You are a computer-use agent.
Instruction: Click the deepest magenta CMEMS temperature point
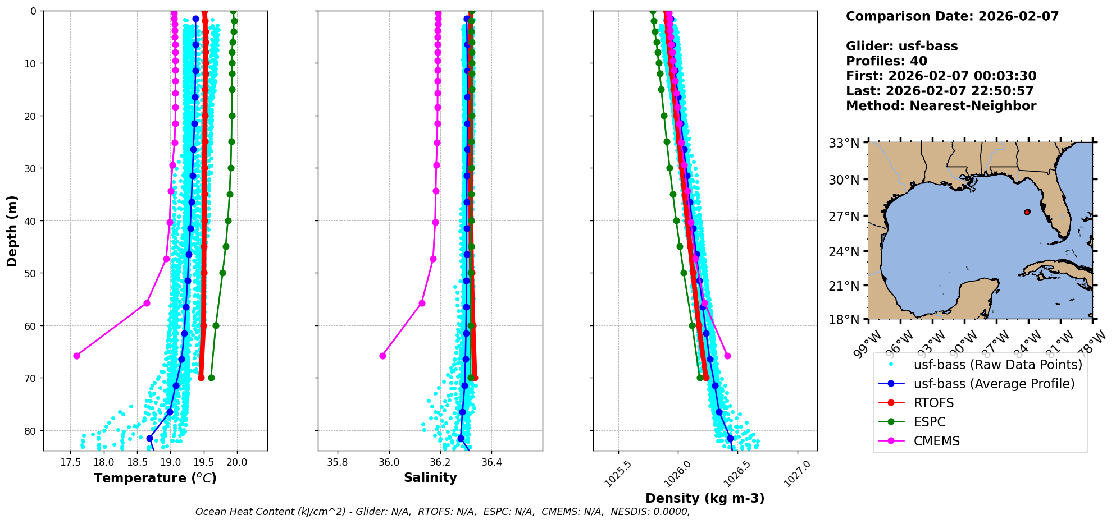[x=76, y=356]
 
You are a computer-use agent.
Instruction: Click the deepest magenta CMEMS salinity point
[x=382, y=356]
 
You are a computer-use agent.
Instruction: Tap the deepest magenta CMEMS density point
[x=727, y=356]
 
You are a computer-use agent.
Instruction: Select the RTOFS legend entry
[x=933, y=403]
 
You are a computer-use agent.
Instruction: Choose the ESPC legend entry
[x=930, y=422]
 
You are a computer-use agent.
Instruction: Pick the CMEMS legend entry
[x=936, y=441]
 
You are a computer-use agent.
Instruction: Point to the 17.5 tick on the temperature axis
[x=70, y=462]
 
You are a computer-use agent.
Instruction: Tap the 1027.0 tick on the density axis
[x=796, y=474]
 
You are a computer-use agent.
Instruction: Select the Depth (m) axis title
[x=12, y=231]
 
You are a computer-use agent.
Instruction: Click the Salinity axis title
[x=430, y=477]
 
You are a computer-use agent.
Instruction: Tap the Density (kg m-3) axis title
[x=705, y=498]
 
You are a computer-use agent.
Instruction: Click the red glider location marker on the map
[x=1027, y=212]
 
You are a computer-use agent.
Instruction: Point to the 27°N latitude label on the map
[x=844, y=216]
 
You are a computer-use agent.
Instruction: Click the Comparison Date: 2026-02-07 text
[x=952, y=16]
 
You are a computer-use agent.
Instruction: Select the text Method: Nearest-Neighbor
[x=941, y=106]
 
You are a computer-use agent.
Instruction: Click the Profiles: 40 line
[x=886, y=61]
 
